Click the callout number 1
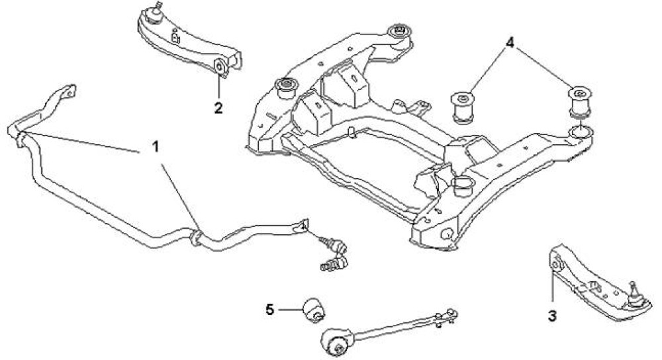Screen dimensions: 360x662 coord(156,147)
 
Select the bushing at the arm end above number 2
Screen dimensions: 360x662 coord(220,66)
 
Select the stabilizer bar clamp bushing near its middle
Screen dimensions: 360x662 coord(195,236)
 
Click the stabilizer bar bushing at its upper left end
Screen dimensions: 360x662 coord(18,137)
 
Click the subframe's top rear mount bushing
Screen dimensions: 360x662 coord(399,32)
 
